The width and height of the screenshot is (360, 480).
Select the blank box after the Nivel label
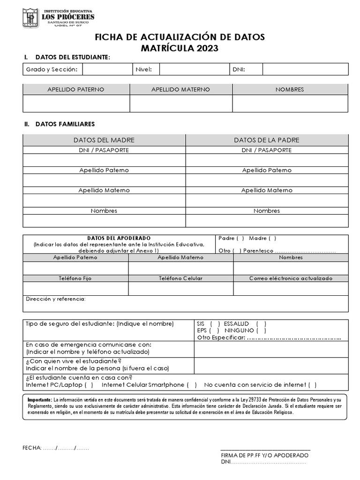click(x=194, y=69)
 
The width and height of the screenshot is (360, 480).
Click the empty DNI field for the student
click(x=305, y=69)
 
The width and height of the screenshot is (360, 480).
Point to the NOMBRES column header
click(x=290, y=90)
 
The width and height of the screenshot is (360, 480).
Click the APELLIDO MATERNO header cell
click(x=180, y=90)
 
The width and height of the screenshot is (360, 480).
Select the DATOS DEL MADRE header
click(x=104, y=140)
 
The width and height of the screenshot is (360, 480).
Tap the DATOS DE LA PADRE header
click(x=267, y=140)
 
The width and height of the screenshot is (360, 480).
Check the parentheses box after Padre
click(x=240, y=239)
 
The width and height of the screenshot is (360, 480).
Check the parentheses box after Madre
click(x=272, y=239)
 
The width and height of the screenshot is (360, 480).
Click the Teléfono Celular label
click(x=180, y=278)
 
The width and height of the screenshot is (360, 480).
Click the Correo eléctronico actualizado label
click(x=291, y=278)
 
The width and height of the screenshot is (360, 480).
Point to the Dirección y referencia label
click(x=56, y=299)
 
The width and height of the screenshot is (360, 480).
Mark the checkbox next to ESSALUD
click(x=261, y=324)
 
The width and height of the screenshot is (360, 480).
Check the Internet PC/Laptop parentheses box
click(x=89, y=385)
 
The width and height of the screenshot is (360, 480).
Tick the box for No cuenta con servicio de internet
click(x=312, y=385)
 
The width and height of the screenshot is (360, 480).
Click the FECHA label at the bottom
click(x=32, y=448)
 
